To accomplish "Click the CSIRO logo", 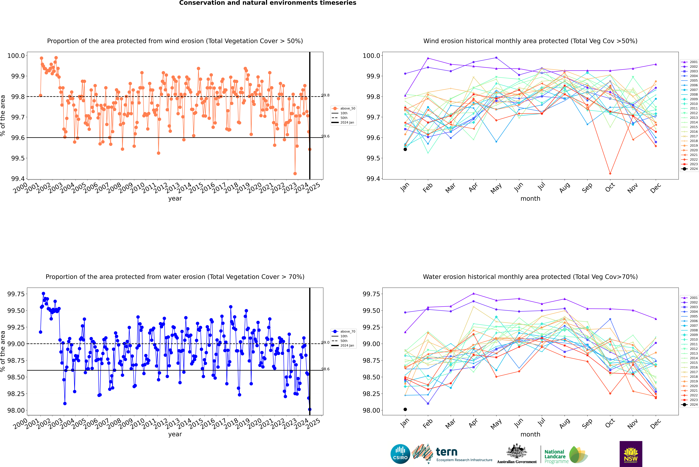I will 400,454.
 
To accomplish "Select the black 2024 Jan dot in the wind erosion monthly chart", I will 405,149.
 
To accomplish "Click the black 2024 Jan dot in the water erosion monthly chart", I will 405,409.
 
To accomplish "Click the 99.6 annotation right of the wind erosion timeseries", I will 325,136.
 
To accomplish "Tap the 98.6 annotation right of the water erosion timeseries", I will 325,369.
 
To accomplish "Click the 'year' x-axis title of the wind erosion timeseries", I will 175,198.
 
